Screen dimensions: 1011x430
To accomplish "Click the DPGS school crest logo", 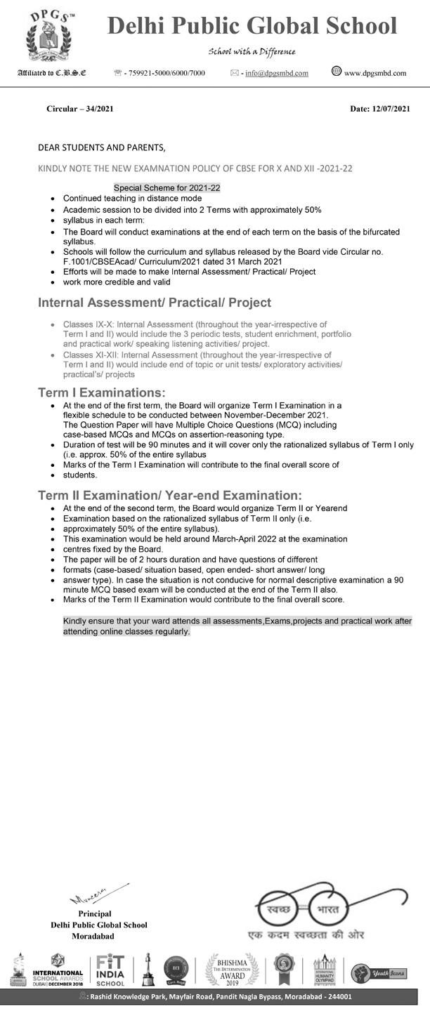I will pyautogui.click(x=48, y=35).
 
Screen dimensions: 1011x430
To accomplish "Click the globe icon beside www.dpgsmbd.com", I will pyautogui.click(x=336, y=71).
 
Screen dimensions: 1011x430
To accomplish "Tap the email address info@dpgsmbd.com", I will pyautogui.click(x=277, y=73).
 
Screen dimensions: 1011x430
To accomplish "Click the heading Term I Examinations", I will pyautogui.click(x=103, y=392).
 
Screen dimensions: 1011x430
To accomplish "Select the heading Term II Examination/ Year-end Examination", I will pyautogui.click(x=170, y=496).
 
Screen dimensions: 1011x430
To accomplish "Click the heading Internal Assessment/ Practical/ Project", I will pyautogui.click(x=154, y=303).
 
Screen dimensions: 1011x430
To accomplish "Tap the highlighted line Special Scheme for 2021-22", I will pyautogui.click(x=167, y=188).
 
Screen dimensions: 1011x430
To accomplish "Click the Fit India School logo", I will pyautogui.click(x=111, y=970).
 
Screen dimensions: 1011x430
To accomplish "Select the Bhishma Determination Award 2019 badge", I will pyautogui.click(x=232, y=970).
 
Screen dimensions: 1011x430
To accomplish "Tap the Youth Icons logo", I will pyautogui.click(x=370, y=972).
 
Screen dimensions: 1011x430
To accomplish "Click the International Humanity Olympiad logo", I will pyautogui.click(x=325, y=970).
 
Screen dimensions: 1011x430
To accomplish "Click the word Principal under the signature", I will pyautogui.click(x=95, y=913).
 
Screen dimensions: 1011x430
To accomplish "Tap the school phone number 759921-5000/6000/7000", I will pyautogui.click(x=165, y=73).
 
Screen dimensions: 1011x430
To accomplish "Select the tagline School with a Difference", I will pyautogui.click(x=252, y=51).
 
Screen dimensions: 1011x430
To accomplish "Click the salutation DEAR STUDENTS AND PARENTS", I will pyautogui.click(x=102, y=147).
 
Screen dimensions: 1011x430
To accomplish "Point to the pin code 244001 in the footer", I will pyautogui.click(x=336, y=996).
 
